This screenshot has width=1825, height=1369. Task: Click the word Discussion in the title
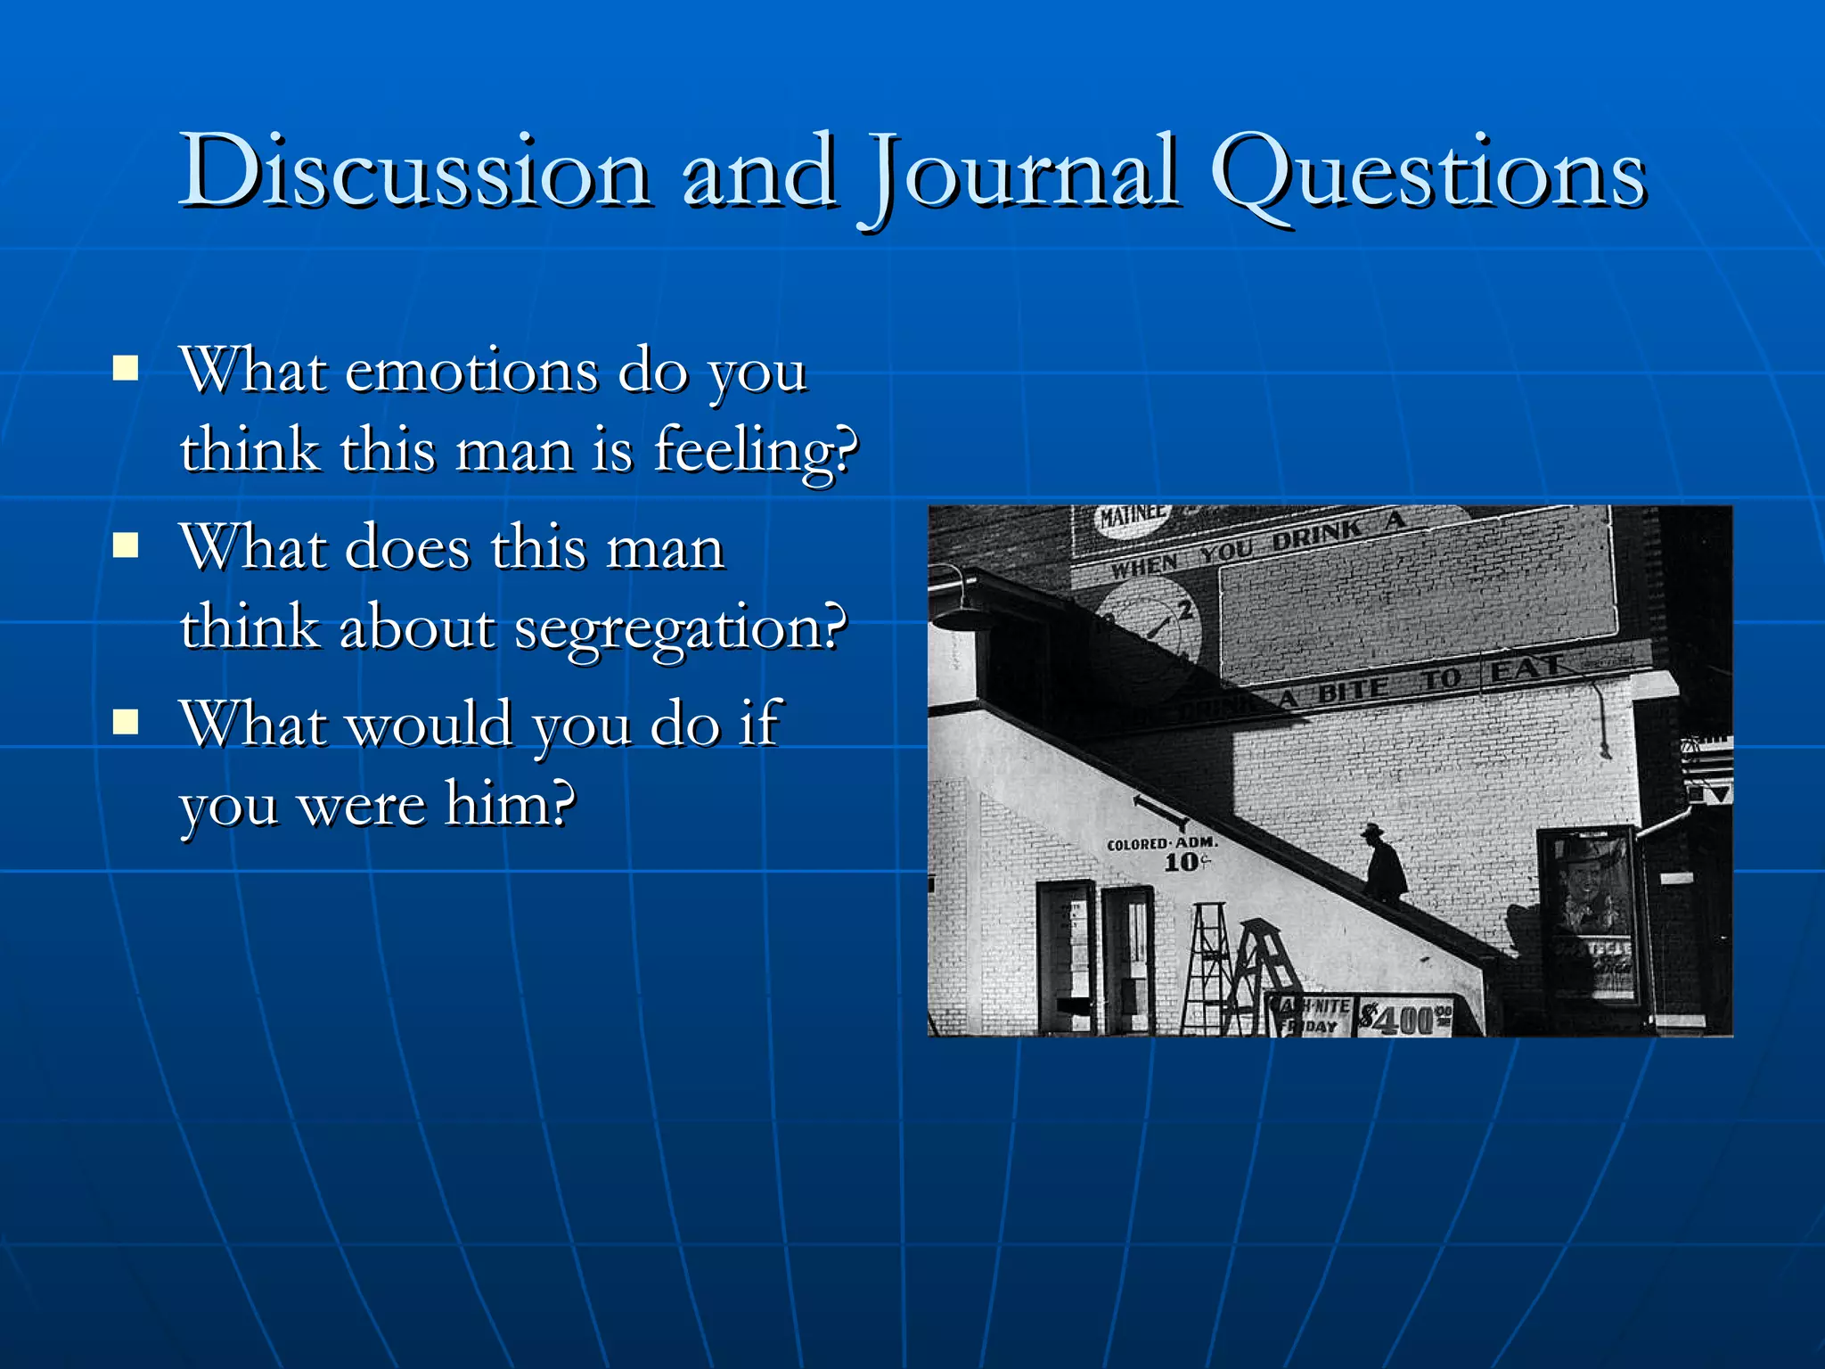(x=414, y=171)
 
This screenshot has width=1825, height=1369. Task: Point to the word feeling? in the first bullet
(x=756, y=451)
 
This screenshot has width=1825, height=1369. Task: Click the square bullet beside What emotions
(x=126, y=368)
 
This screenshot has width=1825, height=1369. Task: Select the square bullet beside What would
(x=126, y=721)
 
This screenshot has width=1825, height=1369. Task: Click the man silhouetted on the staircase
(x=1383, y=863)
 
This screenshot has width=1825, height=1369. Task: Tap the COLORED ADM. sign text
(x=1161, y=843)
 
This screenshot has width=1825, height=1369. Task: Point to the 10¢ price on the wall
(x=1186, y=863)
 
